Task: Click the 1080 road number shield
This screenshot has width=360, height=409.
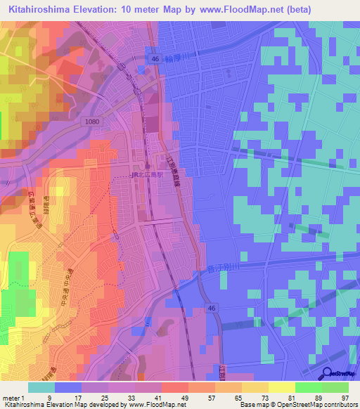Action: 92,122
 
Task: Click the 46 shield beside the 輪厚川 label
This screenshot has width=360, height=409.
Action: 154,60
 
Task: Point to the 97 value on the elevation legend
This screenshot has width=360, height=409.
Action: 344,397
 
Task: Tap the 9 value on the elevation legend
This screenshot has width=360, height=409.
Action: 50,397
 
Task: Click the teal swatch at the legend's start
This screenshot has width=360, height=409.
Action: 41,387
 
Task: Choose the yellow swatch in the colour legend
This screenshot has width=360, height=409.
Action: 281,387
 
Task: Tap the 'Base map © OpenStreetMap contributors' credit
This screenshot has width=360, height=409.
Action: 298,405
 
